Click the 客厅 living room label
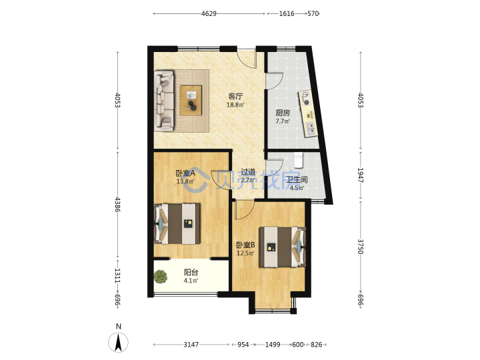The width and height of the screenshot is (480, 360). point(235,96)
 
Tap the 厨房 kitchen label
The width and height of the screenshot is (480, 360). point(283,113)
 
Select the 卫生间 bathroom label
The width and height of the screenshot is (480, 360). point(297,179)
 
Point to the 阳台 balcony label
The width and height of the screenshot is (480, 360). point(191,272)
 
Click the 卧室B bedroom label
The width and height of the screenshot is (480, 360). point(245,245)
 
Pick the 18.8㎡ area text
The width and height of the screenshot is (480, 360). point(235,105)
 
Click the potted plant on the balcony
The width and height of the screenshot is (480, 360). point(161,277)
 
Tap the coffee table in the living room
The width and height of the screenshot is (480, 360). point(191,101)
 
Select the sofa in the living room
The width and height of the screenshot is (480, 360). point(164,101)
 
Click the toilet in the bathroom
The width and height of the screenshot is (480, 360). point(298,160)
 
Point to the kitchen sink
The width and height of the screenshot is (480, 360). point(311,129)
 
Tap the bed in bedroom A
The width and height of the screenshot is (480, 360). point(177,224)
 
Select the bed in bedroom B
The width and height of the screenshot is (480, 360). point(282,247)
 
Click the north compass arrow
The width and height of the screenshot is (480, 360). point(118,342)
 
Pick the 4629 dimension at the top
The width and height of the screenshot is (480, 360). point(209,13)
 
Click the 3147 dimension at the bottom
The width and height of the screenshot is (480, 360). point(191,345)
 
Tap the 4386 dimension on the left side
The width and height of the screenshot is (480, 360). point(117,204)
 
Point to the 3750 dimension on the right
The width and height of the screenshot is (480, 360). point(360,247)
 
